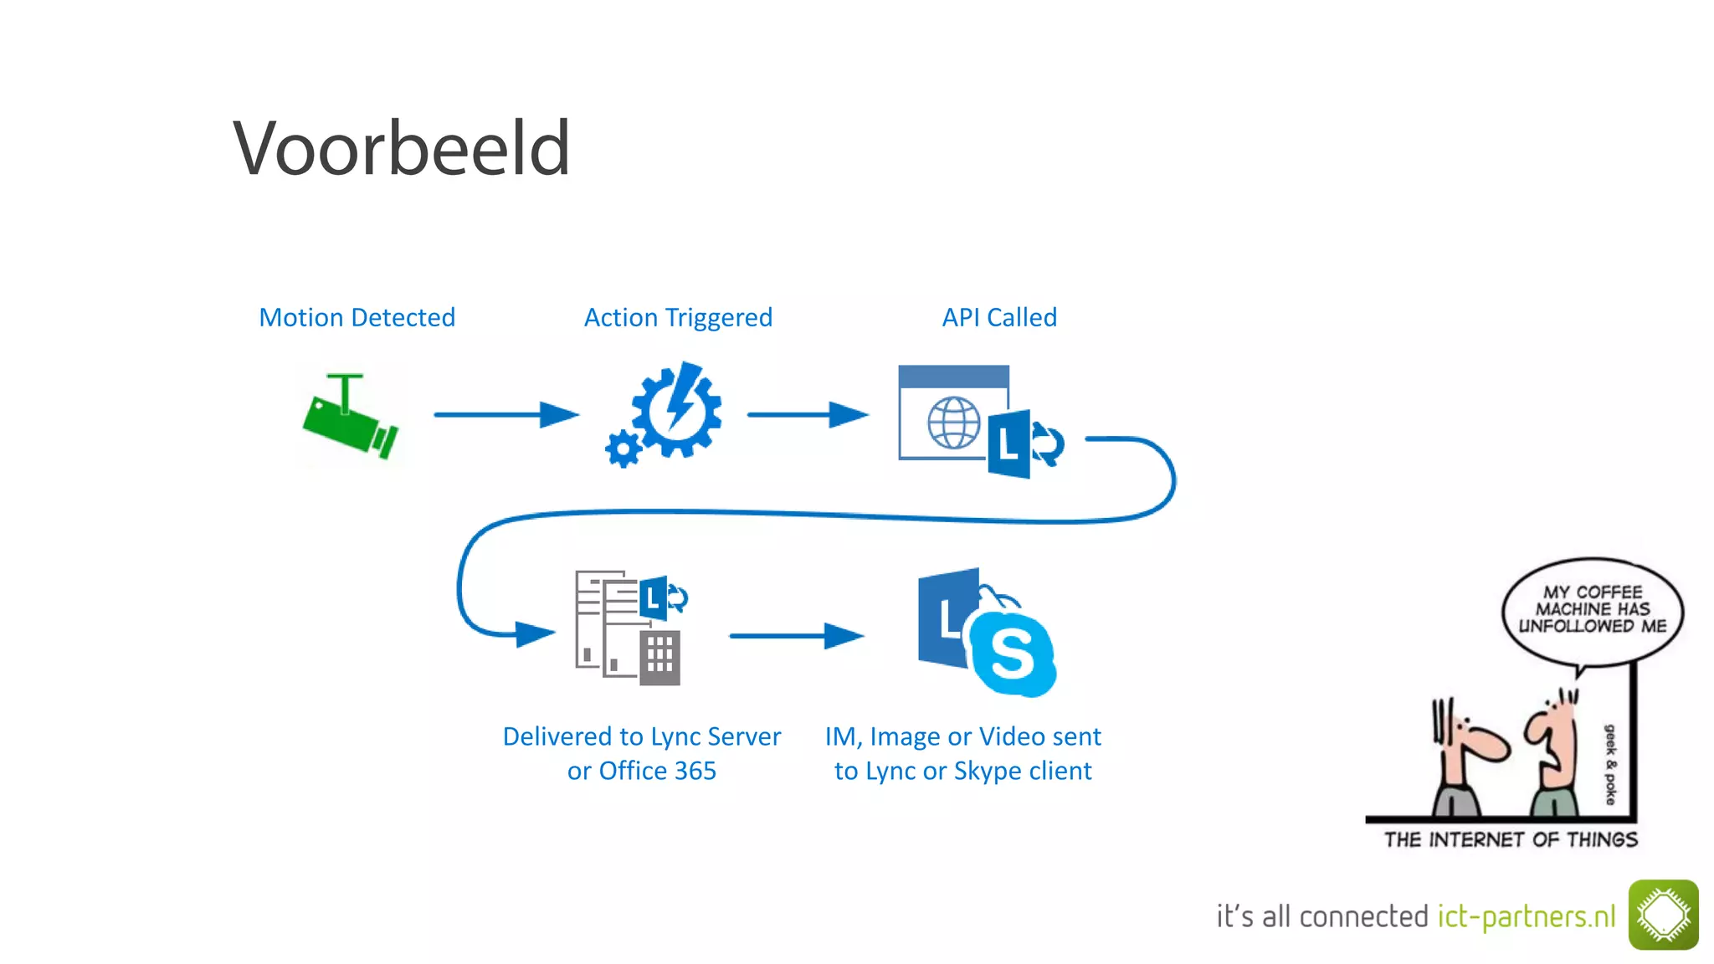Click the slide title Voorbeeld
pos(402,148)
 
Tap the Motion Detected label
pos(357,317)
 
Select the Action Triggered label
pos(678,317)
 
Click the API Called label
pos(999,317)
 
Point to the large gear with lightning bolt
pos(676,410)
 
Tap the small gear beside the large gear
pos(624,449)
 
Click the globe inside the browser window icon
pos(953,423)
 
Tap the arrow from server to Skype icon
pos(795,636)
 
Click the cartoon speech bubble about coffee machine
pos(1592,611)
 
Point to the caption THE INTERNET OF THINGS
pos(1510,839)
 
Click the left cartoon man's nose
pos(1494,746)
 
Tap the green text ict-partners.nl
pos(1527,916)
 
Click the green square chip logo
pos(1663,915)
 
